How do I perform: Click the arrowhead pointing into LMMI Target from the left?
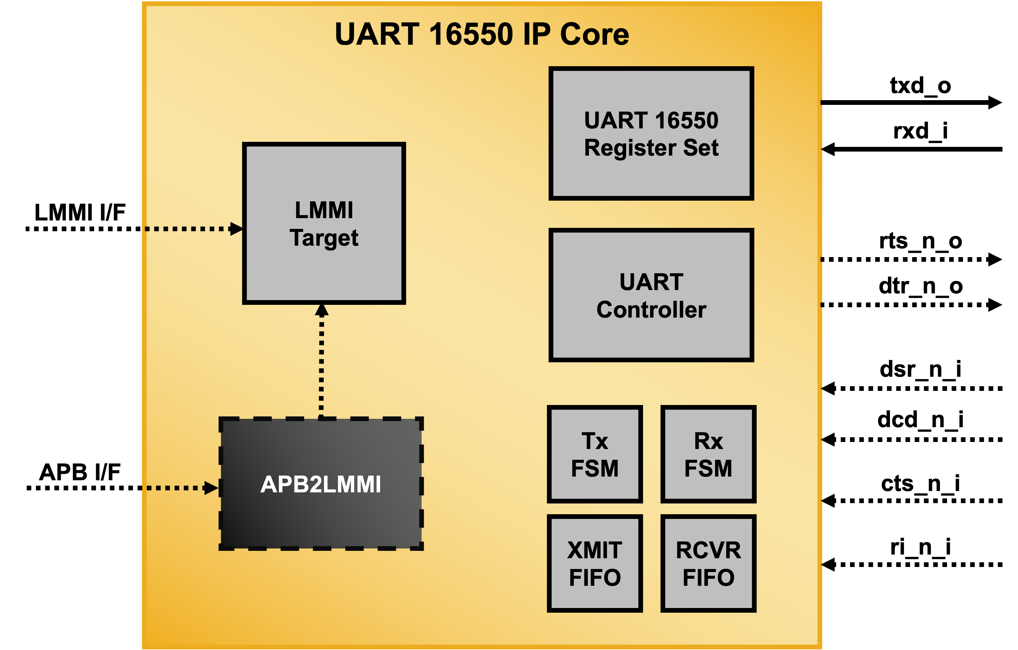coord(236,229)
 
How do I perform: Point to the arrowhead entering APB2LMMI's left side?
coord(210,488)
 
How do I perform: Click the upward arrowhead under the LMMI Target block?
coord(321,311)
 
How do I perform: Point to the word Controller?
coord(651,310)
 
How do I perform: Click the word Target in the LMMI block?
coord(324,238)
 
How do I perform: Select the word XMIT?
coord(595,550)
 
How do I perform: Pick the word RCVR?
coord(708,550)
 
